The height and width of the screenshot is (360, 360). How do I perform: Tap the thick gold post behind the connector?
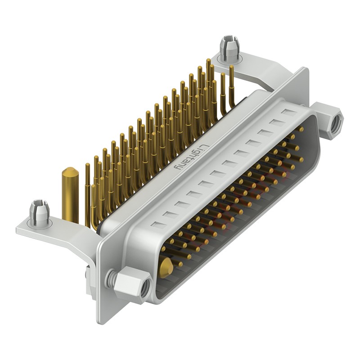70,196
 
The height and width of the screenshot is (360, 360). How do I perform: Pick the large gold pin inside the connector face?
166,268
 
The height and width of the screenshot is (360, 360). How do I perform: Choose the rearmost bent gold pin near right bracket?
232,85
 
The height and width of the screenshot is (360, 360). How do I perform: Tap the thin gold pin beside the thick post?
87,193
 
